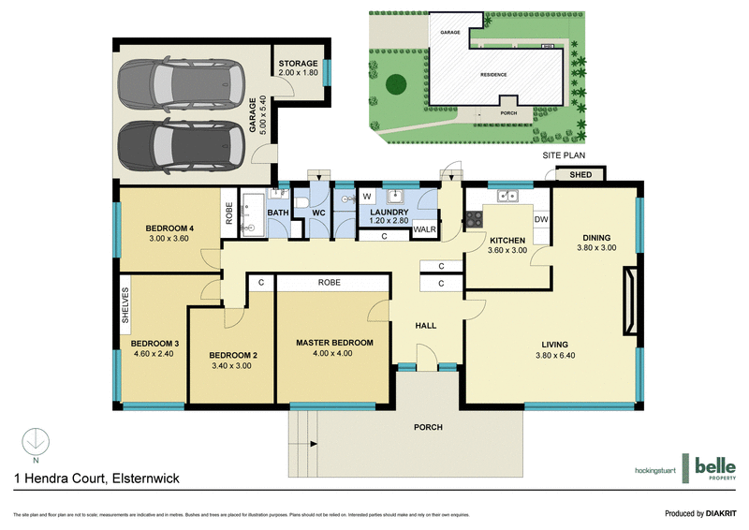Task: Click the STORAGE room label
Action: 299,64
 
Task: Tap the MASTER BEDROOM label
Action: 334,343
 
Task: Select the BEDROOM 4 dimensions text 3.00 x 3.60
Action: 169,239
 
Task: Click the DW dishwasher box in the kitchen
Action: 540,219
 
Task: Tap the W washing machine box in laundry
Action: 367,198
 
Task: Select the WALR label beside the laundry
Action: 426,228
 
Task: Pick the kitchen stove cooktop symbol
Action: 475,219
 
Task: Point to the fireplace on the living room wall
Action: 630,302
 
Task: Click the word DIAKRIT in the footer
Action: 725,513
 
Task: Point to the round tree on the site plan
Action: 394,84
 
